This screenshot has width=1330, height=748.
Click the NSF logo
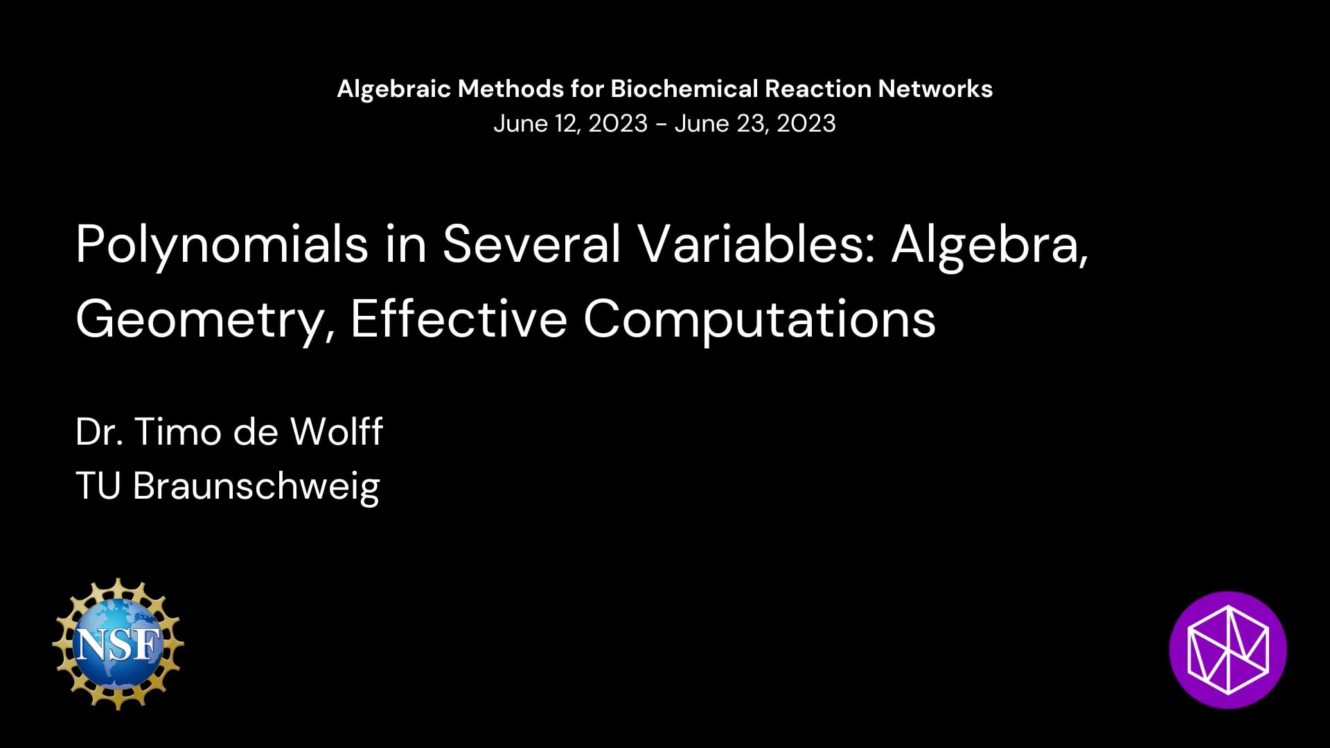(118, 643)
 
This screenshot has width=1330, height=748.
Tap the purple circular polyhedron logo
(1227, 650)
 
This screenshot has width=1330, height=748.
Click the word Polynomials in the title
(222, 247)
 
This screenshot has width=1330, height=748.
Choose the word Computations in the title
(759, 321)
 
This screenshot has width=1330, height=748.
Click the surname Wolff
(337, 431)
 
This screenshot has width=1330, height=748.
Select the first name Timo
(178, 431)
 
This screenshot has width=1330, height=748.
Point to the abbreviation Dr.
(97, 431)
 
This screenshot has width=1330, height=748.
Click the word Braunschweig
(256, 487)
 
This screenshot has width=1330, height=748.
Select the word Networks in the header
(935, 89)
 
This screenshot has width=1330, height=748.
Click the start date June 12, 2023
(570, 124)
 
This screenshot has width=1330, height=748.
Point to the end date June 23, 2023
(755, 124)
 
